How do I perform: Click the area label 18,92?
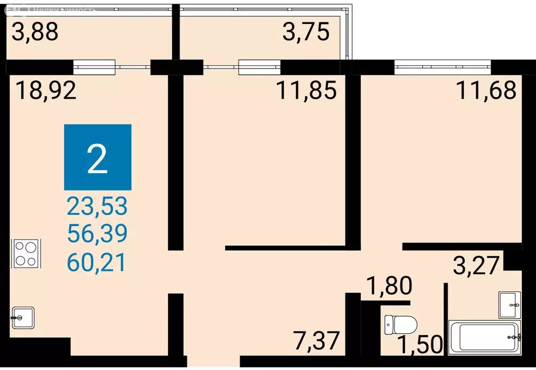tap(46, 91)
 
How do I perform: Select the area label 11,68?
tap(486, 91)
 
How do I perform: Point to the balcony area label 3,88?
tap(35, 32)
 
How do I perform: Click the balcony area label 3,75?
tap(306, 32)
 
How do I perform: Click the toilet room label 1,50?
tap(420, 345)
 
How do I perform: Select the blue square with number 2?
tap(98, 157)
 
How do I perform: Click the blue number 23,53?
tap(97, 207)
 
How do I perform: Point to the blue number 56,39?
tap(97, 235)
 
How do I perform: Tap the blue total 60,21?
tap(97, 262)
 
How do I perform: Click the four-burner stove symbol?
tap(25, 254)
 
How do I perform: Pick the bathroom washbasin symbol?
tap(510, 305)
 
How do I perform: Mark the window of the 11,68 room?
tap(442, 67)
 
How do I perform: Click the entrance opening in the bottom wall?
tap(214, 362)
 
